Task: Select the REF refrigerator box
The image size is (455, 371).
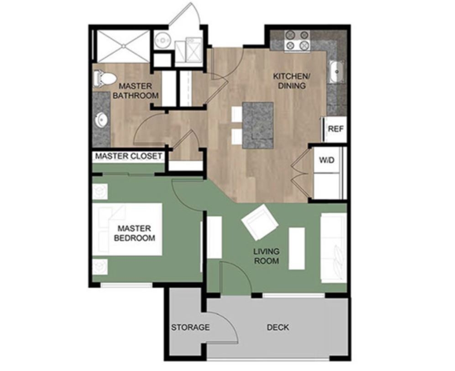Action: [335, 129]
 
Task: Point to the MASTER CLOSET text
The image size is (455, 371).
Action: [128, 156]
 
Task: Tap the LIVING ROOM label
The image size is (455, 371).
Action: [267, 256]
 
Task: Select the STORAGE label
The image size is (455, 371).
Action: [190, 327]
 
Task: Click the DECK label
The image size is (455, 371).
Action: [278, 327]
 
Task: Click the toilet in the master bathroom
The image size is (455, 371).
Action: [105, 79]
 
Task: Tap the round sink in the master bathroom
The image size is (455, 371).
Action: [101, 120]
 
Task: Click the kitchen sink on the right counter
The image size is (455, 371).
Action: [336, 72]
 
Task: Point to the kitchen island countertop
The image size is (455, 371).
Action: [258, 125]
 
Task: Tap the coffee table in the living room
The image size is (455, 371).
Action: [297, 248]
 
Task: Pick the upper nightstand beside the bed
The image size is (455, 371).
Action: [100, 191]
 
